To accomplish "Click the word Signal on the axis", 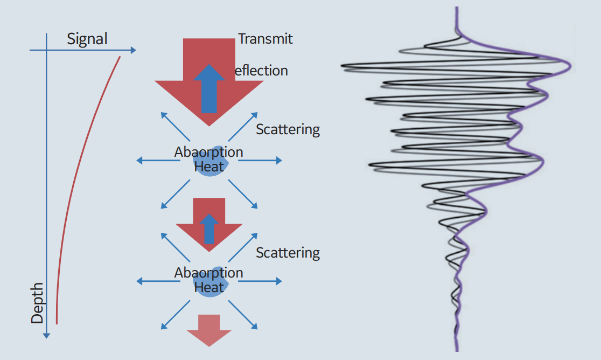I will tap(87, 39).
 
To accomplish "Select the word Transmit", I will tap(265, 39).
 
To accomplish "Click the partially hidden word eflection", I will tap(261, 71).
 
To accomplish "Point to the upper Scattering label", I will tap(288, 129).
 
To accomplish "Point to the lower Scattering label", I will tap(288, 252).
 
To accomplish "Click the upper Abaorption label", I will tap(208, 152).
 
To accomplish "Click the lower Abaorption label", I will tap(208, 273).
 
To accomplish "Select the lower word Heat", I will tap(209, 287).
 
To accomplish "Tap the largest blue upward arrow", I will tap(209, 89).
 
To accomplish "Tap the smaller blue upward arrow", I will tap(209, 228).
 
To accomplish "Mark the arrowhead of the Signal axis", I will tap(132, 50).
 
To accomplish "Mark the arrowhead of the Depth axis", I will tap(46, 335).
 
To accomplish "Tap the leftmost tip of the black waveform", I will tap(342, 66).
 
